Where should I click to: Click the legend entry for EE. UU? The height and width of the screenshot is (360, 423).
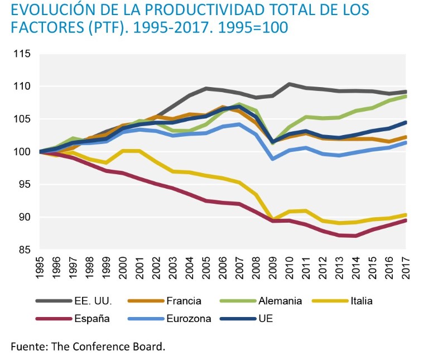pyautogui.click(x=93, y=301)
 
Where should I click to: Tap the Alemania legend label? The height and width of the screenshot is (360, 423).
pyautogui.click(x=280, y=301)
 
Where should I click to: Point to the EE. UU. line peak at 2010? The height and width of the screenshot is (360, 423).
pyautogui.click(x=290, y=84)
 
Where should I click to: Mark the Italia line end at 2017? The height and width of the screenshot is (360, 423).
pyautogui.click(x=406, y=215)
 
